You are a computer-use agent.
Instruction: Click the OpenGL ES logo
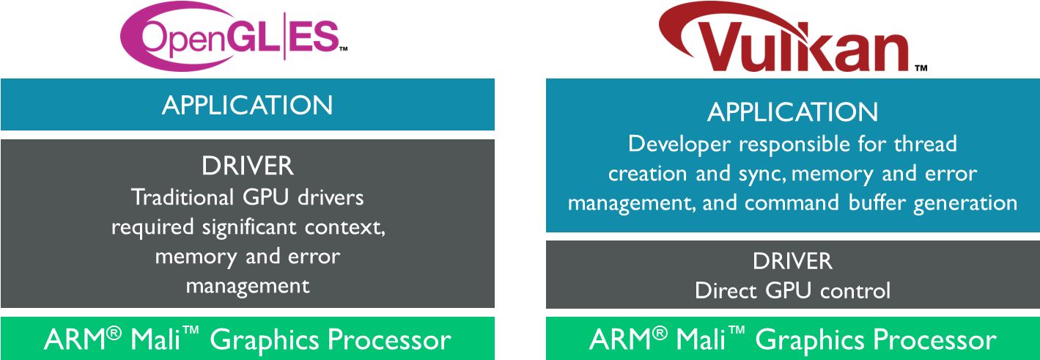pos(229,36)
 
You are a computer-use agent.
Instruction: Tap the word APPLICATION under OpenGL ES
pos(247,105)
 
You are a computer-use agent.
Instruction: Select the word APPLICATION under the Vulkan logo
pos(792,112)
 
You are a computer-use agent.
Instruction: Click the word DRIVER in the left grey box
pos(247,166)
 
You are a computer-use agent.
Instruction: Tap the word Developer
pos(679,143)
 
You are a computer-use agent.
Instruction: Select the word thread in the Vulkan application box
pos(926,143)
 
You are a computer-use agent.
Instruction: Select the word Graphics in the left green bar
pos(267,340)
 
